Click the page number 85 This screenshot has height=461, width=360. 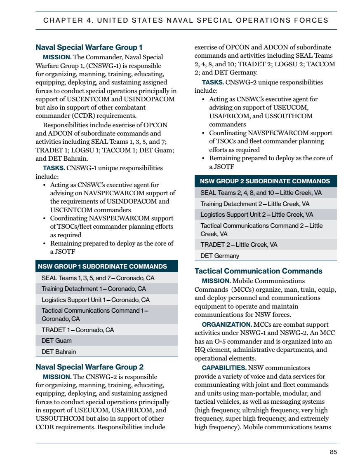click(x=334, y=452)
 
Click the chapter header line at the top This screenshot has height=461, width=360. click(x=186, y=20)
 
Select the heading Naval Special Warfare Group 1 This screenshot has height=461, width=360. click(x=89, y=47)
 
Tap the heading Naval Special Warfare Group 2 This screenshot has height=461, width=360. click(x=89, y=367)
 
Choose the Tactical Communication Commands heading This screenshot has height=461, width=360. click(x=258, y=271)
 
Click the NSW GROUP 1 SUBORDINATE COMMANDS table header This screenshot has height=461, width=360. click(x=102, y=266)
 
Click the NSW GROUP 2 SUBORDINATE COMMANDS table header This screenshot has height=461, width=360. click(x=265, y=181)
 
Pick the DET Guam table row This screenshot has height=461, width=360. click(x=56, y=341)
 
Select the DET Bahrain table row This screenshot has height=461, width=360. click(x=59, y=352)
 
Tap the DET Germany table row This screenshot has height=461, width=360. click(x=220, y=256)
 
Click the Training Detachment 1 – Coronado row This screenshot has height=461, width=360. click(x=94, y=289)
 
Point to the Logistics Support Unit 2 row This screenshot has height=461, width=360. click(x=256, y=215)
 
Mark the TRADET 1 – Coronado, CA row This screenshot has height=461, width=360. click(x=78, y=330)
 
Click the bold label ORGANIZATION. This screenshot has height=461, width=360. click(x=227, y=324)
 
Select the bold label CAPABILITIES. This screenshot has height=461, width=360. click(x=224, y=367)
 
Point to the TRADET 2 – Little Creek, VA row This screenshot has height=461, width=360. click(x=239, y=245)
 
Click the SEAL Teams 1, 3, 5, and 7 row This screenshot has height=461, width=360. click(x=98, y=278)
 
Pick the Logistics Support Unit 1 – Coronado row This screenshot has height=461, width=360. click(x=96, y=300)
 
